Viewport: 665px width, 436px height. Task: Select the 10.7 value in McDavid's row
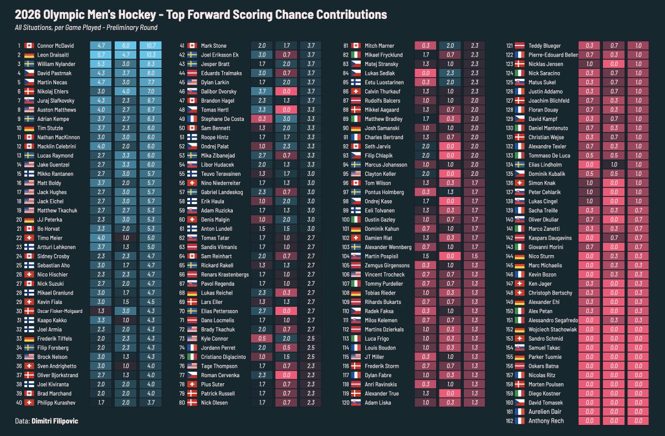151,45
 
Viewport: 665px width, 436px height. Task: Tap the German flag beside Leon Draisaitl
30,55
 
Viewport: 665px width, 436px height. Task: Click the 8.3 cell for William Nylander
151,64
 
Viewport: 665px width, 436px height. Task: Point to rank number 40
19,403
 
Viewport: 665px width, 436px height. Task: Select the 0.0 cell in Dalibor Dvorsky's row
287,92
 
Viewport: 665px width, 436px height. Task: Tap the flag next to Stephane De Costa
192,119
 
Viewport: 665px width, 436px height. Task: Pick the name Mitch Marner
379,45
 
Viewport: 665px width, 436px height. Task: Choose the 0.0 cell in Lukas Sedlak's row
426,73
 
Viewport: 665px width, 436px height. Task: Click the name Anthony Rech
546,421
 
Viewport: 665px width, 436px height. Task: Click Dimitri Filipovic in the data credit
55,422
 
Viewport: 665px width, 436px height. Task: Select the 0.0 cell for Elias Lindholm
590,165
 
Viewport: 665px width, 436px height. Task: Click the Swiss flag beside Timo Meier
30,238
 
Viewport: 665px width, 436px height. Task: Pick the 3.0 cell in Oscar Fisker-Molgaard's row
126,311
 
